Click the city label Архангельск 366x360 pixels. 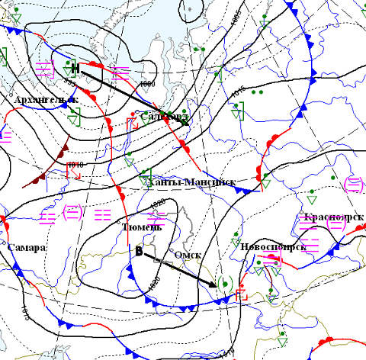pyautogui.click(x=45, y=100)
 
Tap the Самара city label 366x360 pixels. pyautogui.click(x=27, y=248)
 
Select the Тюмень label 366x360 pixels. pyautogui.click(x=141, y=227)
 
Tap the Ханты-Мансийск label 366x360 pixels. pyautogui.click(x=191, y=182)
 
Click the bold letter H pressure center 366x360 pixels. pyautogui.click(x=75, y=66)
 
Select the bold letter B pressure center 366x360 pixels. pyautogui.click(x=139, y=251)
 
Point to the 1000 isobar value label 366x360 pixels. pyautogui.click(x=147, y=83)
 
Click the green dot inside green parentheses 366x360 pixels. pyautogui.click(x=223, y=283)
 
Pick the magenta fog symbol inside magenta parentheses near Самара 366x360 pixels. pyautogui.click(x=72, y=211)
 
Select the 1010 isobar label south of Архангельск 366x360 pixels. pyautogui.click(x=74, y=164)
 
